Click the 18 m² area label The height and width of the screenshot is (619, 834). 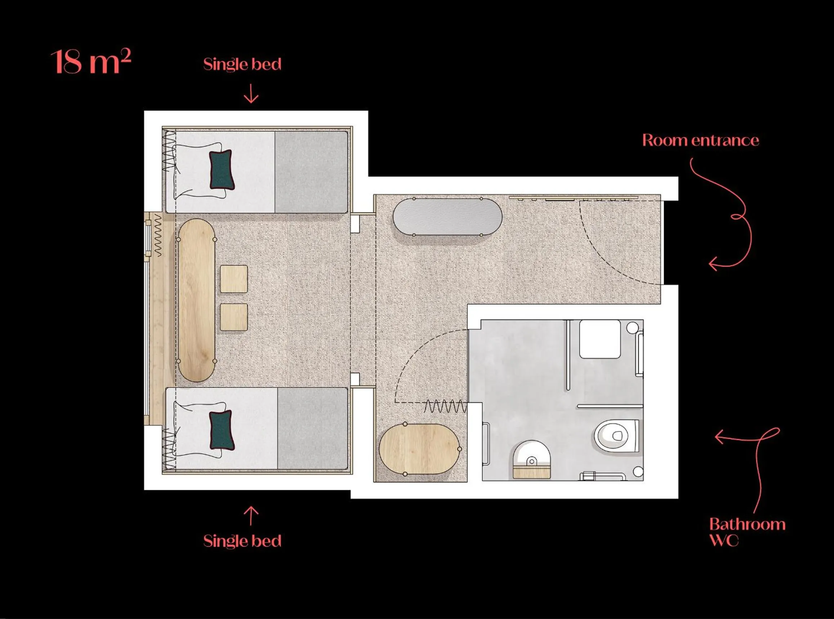pos(90,62)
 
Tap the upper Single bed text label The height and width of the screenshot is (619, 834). pos(242,64)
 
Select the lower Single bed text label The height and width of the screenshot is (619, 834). pos(242,541)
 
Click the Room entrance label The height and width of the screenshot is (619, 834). pos(700,140)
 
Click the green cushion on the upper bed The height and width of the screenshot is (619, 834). pos(222,169)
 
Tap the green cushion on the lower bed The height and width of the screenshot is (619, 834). pos(222,430)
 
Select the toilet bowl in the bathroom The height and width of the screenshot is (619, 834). pos(615,436)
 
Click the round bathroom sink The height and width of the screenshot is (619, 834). pos(531,456)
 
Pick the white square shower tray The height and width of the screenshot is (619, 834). pos(600,339)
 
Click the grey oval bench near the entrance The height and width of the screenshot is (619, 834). pos(447,216)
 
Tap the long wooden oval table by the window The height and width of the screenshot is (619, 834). pos(196,300)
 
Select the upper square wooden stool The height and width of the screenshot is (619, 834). pos(234,279)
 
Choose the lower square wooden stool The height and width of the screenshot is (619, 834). pos(234,317)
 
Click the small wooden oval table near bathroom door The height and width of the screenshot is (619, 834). pos(419,449)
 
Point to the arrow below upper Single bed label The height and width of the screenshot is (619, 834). pos(251,94)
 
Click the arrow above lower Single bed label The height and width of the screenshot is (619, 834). pos(251,516)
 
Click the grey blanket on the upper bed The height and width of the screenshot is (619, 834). pos(311,172)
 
